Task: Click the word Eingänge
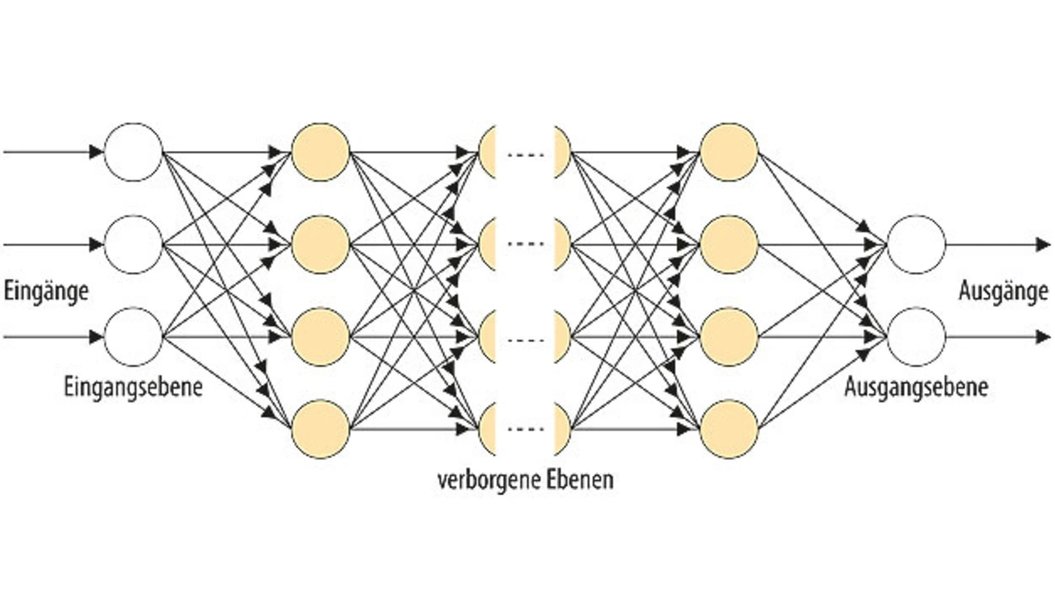tap(46, 292)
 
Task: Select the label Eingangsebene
tap(133, 387)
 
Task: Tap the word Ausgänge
tap(1003, 292)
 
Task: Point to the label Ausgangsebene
tap(916, 387)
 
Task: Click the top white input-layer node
tap(134, 152)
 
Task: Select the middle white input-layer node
tap(134, 245)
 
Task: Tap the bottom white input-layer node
tap(134, 337)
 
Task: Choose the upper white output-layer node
tap(916, 245)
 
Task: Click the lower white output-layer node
tap(916, 337)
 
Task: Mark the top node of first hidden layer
tap(321, 152)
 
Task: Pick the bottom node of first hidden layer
tap(321, 429)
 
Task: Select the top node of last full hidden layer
tap(728, 152)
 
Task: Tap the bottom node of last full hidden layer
tap(728, 429)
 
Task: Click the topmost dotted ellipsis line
tap(525, 152)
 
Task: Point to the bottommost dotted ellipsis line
tap(525, 429)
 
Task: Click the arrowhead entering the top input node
tap(97, 152)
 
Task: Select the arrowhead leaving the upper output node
tap(1044, 245)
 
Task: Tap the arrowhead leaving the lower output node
tap(1044, 337)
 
